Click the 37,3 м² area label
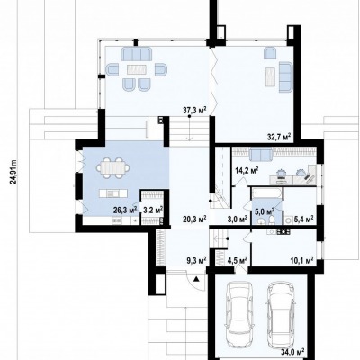[195, 111]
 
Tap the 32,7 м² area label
[279, 137]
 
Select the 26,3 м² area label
[125, 210]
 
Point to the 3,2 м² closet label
[153, 210]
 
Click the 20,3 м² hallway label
[195, 219]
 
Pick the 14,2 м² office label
[247, 171]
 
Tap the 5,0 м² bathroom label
[265, 211]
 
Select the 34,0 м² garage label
[292, 351]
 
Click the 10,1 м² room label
[301, 260]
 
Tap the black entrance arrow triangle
[196, 279]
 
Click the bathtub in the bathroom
[266, 193]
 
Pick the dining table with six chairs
[113, 168]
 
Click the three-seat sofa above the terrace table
[137, 55]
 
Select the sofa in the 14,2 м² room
[261, 155]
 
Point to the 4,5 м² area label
[238, 260]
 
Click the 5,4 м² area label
[304, 219]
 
